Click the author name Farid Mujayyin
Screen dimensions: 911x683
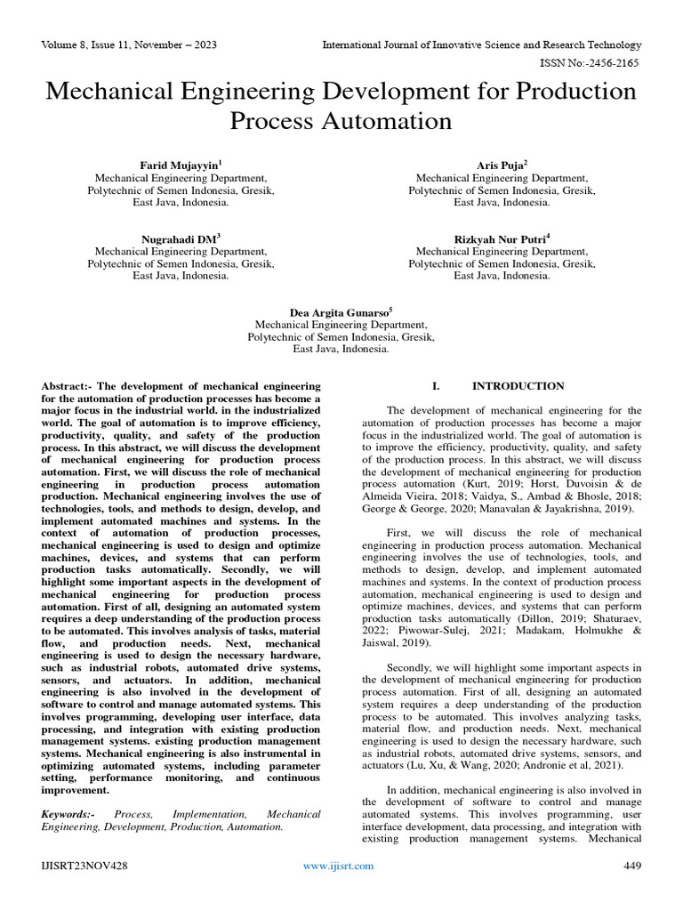click(181, 165)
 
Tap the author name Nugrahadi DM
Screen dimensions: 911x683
click(181, 238)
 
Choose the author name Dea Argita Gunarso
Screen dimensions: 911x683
click(341, 312)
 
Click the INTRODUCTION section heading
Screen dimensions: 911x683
click(518, 386)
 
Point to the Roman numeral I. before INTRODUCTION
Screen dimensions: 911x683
click(435, 386)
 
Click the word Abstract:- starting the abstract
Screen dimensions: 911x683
click(67, 386)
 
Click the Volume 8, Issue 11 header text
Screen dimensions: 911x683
click(129, 44)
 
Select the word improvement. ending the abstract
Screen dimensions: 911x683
click(76, 789)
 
